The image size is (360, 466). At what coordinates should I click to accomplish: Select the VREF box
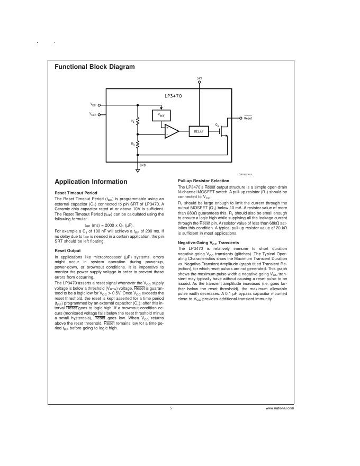coord(161,116)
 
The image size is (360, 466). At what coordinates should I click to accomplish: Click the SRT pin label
coord(199,78)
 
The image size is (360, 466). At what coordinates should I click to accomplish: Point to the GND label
coord(142,165)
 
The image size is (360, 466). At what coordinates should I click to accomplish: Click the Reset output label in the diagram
coord(248,118)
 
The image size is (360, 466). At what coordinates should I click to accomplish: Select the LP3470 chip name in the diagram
coord(173,96)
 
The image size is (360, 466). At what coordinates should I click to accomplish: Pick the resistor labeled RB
coord(138,144)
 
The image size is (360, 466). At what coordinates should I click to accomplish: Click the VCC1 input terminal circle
coord(99,114)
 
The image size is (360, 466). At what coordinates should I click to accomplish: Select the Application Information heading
coord(91,182)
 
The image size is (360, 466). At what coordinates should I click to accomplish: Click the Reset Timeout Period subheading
coord(76,193)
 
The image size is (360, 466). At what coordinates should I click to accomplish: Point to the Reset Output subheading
coord(68,250)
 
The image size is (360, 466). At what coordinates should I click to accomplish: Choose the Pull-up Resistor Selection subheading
coord(203,181)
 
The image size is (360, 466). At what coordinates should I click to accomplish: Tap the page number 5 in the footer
coord(170,409)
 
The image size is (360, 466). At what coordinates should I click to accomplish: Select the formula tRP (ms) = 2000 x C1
coord(109,226)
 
